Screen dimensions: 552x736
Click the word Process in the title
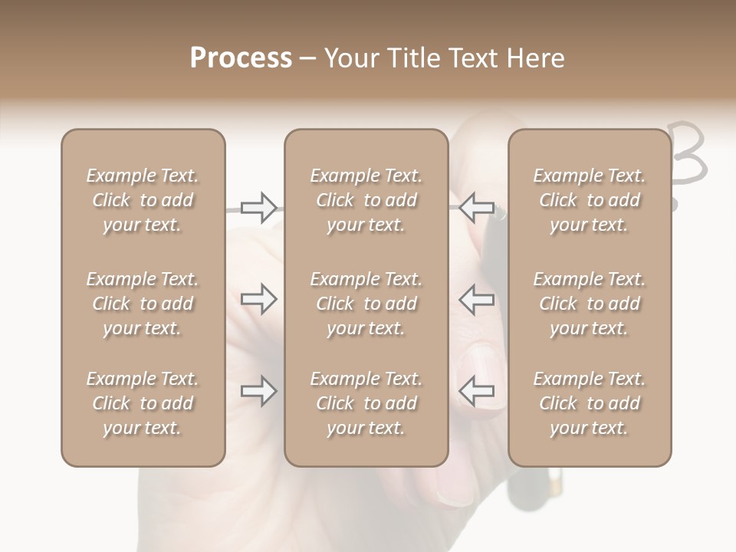pos(241,58)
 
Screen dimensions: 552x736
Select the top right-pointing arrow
pos(258,208)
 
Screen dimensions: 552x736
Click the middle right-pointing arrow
pos(258,299)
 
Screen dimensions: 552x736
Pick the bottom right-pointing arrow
pos(258,392)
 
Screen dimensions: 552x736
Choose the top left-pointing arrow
pos(477,208)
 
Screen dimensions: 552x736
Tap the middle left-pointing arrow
pos(477,299)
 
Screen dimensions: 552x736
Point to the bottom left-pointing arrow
pos(477,392)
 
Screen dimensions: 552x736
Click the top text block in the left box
pos(143,200)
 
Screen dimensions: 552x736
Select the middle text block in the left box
pos(143,304)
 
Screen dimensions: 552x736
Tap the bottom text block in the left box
pos(143,403)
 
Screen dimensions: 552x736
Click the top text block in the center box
pos(366,200)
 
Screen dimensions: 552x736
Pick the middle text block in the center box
pos(366,304)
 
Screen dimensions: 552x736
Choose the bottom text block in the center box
pos(366,403)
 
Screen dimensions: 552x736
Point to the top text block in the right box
pos(589,200)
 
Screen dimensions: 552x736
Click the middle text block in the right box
pos(589,304)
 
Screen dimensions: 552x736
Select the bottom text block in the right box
pos(589,403)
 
